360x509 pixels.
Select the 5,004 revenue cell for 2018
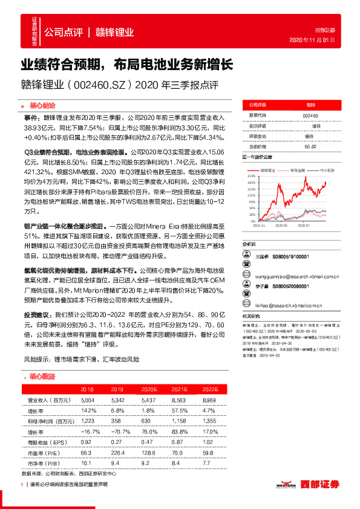[x=87, y=400]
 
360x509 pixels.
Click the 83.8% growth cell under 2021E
[x=178, y=431]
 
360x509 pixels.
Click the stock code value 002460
[x=310, y=114]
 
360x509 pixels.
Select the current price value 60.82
[x=310, y=146]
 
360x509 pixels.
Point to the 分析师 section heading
[x=250, y=243]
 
